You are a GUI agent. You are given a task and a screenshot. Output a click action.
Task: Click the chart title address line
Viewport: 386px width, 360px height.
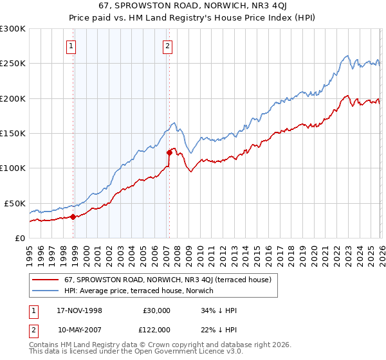194,6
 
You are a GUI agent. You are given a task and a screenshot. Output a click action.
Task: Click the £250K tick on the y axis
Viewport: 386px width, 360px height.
13,64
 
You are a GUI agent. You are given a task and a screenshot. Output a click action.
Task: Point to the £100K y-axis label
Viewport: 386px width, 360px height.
13,168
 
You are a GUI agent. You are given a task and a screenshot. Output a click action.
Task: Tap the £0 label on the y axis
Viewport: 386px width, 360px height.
19,238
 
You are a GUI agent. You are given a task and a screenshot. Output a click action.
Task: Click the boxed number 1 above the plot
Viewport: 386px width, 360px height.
71,46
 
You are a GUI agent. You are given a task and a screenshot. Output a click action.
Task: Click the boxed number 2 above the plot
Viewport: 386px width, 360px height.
167,46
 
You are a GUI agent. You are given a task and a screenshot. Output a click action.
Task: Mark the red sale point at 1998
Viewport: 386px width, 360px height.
73,217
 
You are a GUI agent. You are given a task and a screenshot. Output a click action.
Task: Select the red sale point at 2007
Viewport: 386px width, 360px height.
169,153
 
